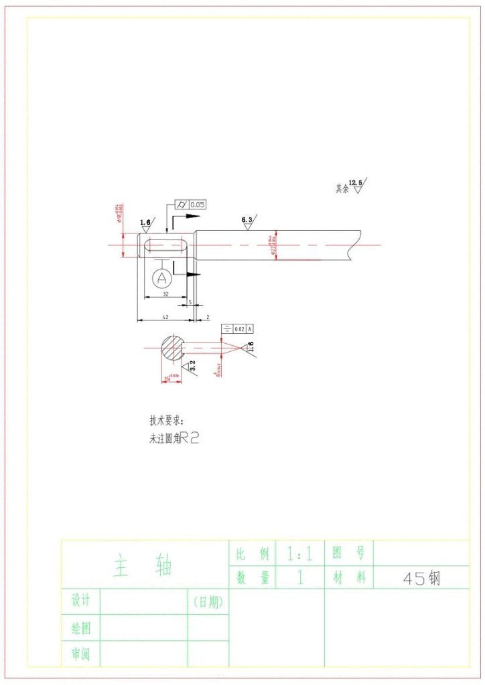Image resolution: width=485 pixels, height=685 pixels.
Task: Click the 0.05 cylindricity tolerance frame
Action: (x=190, y=205)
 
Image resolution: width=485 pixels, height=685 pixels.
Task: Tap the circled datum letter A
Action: (x=161, y=278)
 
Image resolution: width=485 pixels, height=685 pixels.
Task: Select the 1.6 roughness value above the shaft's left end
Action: (x=145, y=222)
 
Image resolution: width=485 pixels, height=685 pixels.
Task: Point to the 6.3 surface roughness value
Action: (x=247, y=219)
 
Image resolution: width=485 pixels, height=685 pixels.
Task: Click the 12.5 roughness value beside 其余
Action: (x=355, y=183)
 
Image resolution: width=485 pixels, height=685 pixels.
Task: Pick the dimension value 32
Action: (x=164, y=294)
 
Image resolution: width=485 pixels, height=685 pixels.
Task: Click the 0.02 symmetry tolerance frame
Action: (x=238, y=328)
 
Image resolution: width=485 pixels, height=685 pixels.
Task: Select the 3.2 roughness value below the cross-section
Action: (x=192, y=365)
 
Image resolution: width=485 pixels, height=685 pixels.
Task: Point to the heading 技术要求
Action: (x=166, y=421)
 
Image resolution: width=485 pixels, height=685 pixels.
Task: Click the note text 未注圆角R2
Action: (x=174, y=439)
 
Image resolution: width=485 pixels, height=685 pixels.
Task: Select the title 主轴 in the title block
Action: (x=143, y=566)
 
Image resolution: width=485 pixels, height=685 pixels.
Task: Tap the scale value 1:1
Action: (x=299, y=554)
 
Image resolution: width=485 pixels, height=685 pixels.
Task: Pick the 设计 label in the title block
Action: (x=81, y=601)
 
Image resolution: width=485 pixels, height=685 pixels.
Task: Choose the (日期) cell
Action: (x=208, y=601)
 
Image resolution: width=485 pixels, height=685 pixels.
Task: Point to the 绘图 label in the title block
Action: (x=81, y=627)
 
